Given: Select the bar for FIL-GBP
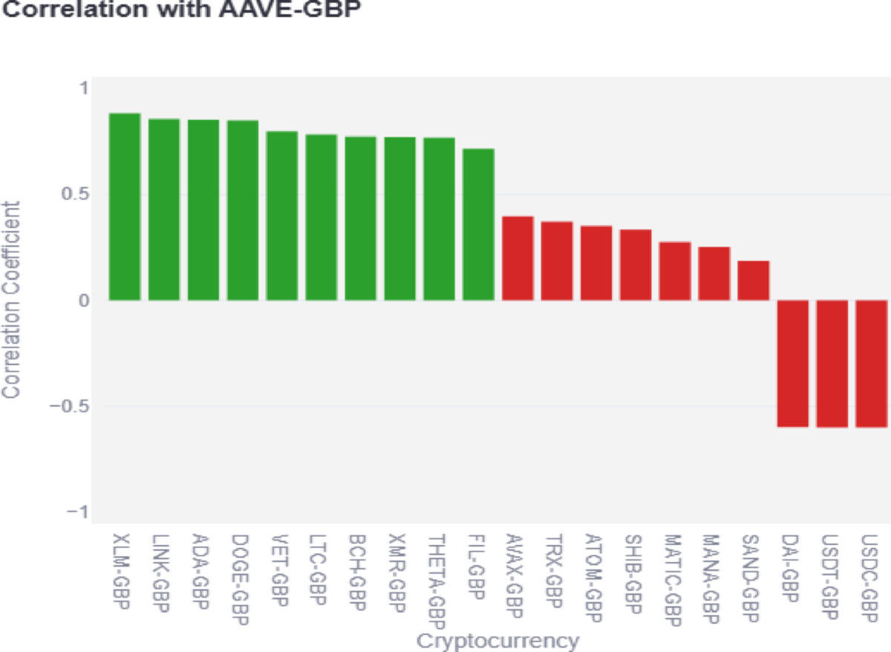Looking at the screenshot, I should [478, 224].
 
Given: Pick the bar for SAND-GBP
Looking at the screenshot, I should [754, 281].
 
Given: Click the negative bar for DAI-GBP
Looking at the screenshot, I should [793, 364].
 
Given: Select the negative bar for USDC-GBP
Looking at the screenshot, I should [872, 364].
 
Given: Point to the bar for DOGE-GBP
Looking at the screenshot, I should [243, 210].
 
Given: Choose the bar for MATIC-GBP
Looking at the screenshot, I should [675, 271].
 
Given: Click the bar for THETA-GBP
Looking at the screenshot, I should [439, 219].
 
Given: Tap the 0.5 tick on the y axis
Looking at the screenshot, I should [76, 194].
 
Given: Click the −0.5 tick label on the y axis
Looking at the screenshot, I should [68, 406].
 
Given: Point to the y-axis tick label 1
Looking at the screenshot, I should [83, 88].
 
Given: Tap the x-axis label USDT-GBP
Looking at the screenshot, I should [832, 575].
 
